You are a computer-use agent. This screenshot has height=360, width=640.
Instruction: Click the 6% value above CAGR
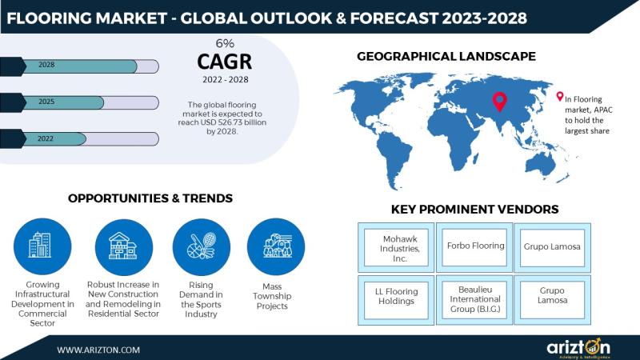tap(225, 43)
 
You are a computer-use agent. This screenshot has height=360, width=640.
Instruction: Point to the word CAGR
tap(225, 62)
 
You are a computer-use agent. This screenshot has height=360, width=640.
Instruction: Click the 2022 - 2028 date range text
tap(226, 79)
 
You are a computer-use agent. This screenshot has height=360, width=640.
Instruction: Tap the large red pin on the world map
tap(499, 102)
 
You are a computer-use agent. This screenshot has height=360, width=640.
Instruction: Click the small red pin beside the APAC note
tap(559, 96)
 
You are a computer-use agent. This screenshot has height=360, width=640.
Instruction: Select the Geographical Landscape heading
tap(446, 56)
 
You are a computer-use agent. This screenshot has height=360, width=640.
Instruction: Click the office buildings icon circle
tap(42, 246)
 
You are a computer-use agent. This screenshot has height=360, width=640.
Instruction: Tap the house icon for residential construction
tap(124, 247)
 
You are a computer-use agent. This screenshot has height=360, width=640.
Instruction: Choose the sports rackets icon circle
tap(202, 247)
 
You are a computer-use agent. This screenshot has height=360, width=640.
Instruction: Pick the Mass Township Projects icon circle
tap(276, 246)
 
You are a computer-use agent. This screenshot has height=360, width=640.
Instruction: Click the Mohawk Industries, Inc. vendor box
tap(396, 248)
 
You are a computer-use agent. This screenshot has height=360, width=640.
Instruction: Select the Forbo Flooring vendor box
tap(474, 248)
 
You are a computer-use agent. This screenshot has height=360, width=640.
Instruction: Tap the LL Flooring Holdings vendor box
tap(396, 300)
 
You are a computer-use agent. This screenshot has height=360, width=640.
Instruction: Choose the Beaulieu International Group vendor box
tap(474, 300)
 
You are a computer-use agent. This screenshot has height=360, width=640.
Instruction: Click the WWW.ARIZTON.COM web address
tap(98, 350)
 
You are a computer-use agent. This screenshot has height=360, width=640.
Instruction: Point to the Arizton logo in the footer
tap(578, 348)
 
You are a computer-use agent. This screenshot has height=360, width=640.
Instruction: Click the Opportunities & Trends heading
tap(150, 198)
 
